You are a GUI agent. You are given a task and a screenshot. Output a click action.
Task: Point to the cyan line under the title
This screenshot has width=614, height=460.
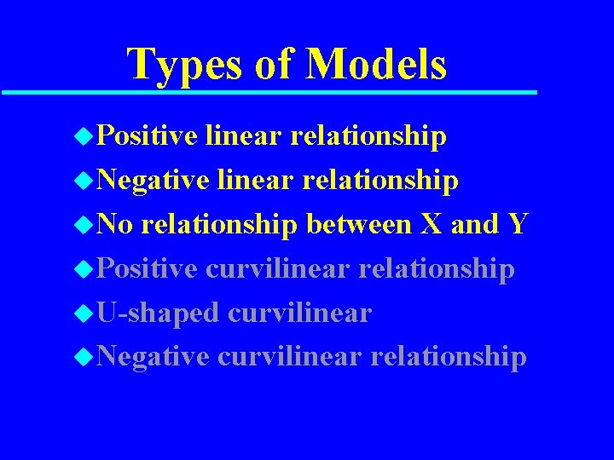pos(269,91)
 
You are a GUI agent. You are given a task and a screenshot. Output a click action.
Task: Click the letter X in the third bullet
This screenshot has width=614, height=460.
pos(431,224)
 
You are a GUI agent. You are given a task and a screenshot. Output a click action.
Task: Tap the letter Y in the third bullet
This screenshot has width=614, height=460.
pos(517,224)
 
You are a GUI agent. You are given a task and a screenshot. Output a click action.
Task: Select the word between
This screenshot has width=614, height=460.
pos(358,224)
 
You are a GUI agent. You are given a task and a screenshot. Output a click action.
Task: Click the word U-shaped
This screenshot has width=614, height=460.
pos(158,313)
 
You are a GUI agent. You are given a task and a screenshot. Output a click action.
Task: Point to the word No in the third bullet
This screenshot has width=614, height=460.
pos(113,224)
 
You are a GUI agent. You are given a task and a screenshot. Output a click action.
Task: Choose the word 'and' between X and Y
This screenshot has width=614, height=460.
pos(473,224)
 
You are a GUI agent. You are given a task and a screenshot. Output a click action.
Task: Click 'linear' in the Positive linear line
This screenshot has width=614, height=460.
pos(244,135)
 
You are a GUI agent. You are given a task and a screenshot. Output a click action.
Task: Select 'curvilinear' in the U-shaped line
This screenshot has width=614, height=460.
pos(299,313)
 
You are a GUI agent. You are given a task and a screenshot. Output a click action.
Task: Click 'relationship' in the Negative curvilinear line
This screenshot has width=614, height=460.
pos(448,357)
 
